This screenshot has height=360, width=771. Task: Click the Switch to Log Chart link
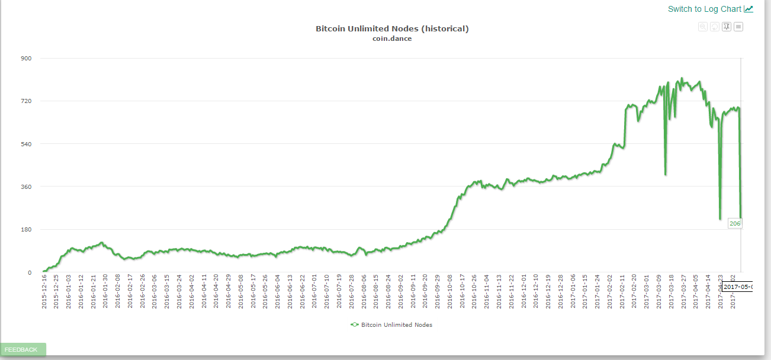[x=704, y=9]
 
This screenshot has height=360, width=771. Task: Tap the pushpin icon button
[x=727, y=27]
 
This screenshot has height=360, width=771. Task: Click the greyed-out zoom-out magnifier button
[x=703, y=27]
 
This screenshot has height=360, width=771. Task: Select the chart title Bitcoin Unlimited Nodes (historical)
[x=392, y=28]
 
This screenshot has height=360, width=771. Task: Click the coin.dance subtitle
[x=392, y=38]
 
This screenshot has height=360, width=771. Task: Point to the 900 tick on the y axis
[x=26, y=58]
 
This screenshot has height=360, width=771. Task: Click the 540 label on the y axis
[x=26, y=144]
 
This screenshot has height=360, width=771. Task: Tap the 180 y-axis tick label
[x=26, y=230]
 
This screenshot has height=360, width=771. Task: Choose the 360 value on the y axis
[x=26, y=187]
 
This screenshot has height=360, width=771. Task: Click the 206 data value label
[x=735, y=223]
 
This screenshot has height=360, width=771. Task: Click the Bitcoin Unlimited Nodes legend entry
[x=396, y=324]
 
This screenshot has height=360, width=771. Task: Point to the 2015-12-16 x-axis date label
[x=44, y=291]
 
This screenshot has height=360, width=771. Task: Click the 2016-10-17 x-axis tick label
[x=461, y=291]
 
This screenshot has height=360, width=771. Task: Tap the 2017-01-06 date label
[x=572, y=291]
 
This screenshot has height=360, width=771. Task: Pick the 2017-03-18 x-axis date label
[x=670, y=291]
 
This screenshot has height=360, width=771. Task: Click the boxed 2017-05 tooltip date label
[x=737, y=287]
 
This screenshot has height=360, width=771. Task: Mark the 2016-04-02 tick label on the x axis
[x=191, y=291]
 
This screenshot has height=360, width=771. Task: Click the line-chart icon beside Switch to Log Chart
[x=748, y=9]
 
